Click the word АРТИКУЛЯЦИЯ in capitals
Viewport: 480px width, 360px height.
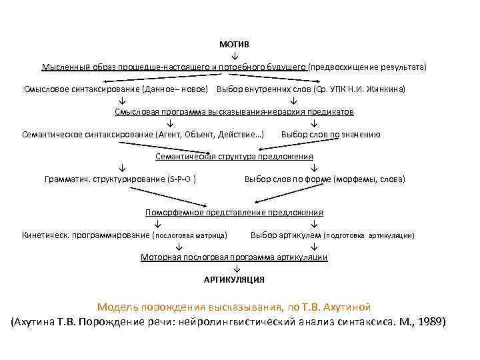point(234,279)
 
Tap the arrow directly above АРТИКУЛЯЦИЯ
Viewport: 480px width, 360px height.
point(234,269)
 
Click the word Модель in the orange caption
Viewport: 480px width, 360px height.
point(118,307)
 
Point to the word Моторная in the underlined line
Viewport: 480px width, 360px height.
point(158,257)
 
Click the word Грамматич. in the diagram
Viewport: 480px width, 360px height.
point(67,179)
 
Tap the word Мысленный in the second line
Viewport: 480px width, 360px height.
point(63,67)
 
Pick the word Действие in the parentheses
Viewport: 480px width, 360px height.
point(241,134)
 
